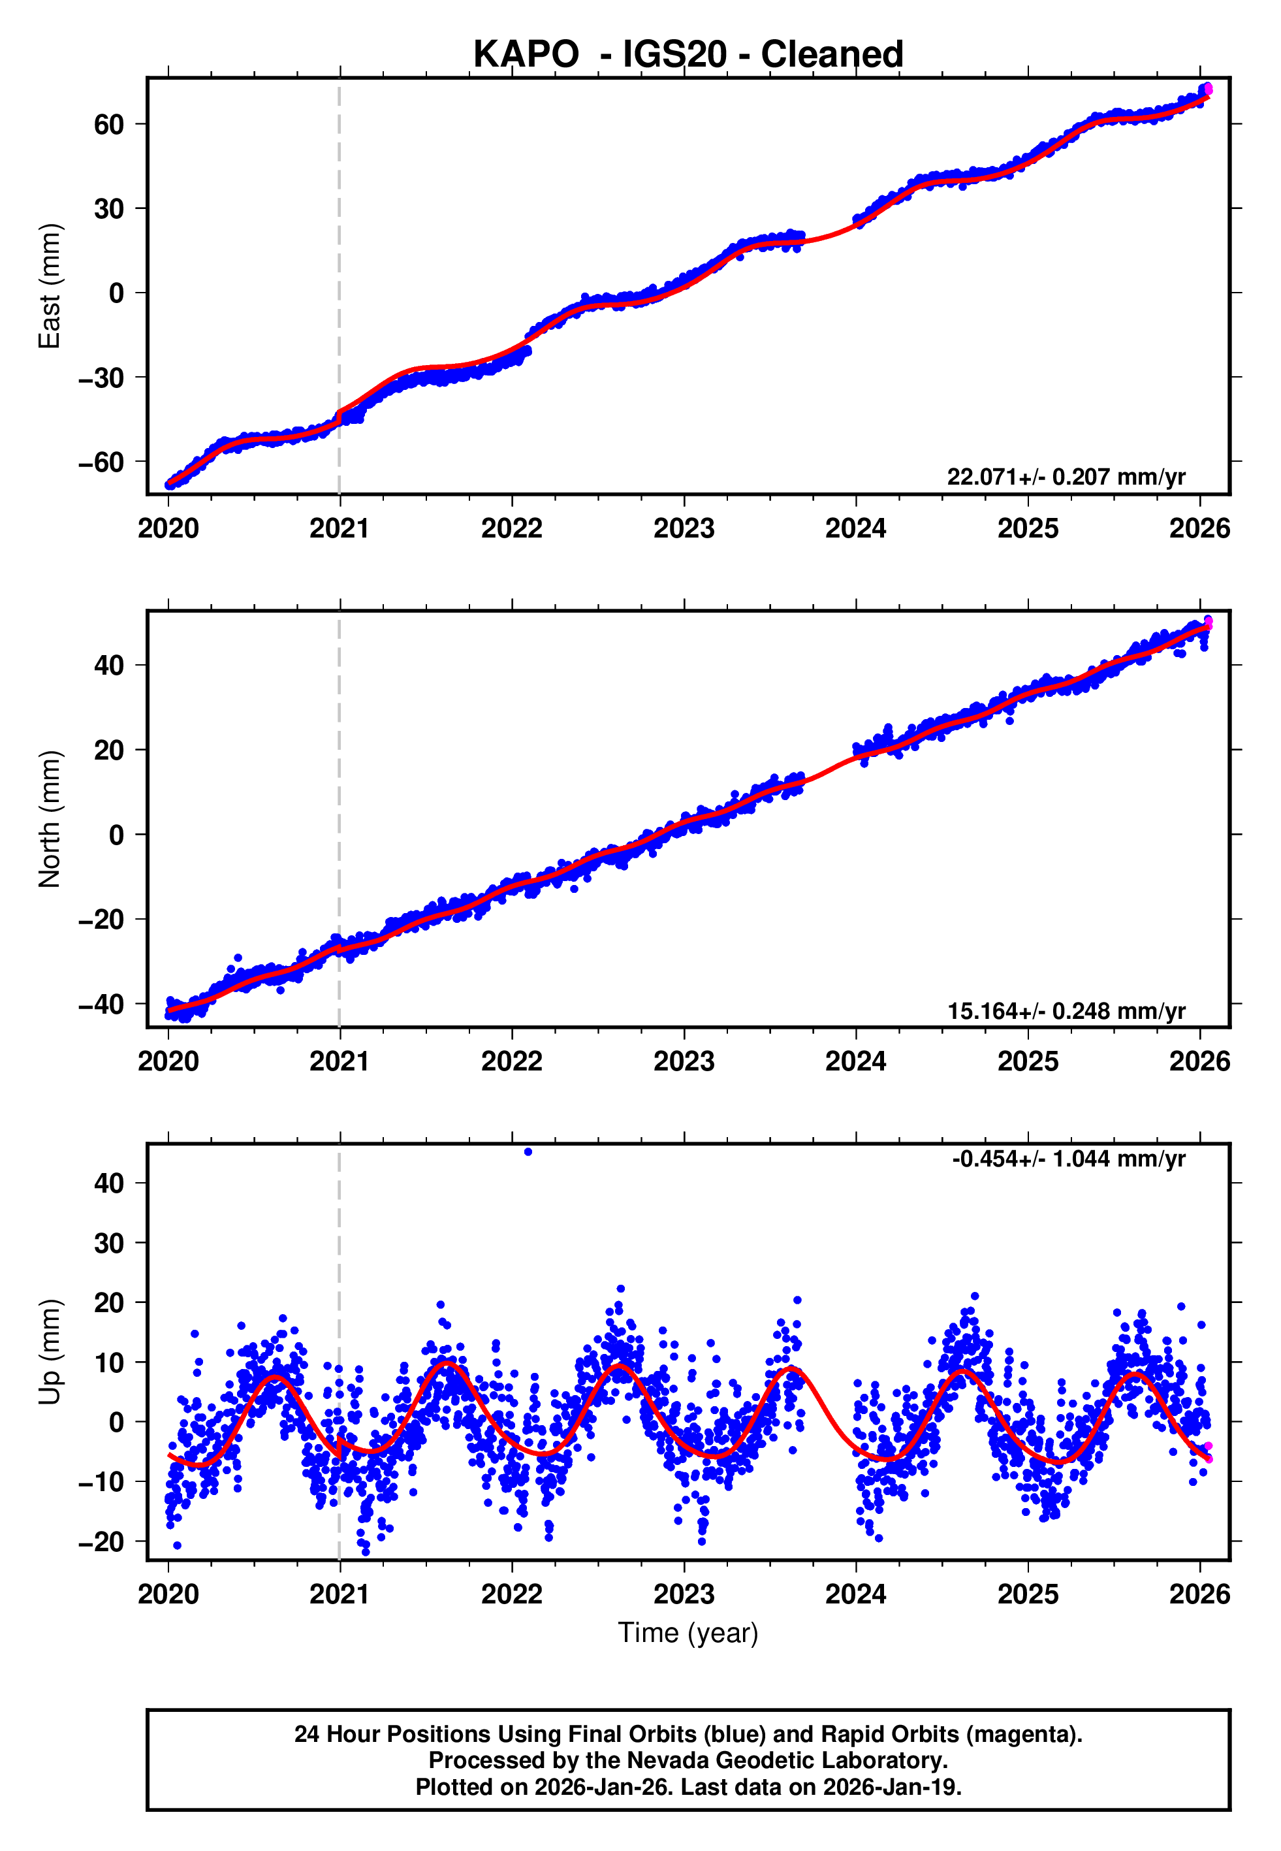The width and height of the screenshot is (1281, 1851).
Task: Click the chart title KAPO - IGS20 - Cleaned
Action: (x=688, y=55)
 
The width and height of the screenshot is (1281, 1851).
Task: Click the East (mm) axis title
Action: (x=50, y=287)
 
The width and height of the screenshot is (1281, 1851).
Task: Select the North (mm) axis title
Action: (x=50, y=819)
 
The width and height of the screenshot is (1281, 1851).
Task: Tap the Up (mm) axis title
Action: (x=50, y=1352)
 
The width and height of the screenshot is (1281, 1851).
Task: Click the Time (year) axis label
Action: (x=688, y=1633)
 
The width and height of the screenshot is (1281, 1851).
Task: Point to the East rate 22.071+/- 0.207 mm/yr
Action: (x=1066, y=477)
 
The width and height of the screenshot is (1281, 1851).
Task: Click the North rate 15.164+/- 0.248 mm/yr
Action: (x=1066, y=1010)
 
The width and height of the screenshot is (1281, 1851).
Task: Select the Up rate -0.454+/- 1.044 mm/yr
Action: (x=1068, y=1159)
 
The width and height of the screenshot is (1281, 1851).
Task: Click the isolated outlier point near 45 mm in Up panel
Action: (x=528, y=1152)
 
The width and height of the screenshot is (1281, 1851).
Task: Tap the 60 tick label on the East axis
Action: (x=109, y=124)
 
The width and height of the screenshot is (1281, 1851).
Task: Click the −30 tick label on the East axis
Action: (x=101, y=378)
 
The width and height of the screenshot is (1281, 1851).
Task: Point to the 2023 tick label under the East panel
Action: (x=684, y=528)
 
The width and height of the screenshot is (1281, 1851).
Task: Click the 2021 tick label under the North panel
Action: (x=340, y=1061)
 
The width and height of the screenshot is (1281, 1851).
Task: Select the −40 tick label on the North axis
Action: (x=101, y=1004)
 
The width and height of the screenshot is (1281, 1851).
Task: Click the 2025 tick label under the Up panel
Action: (x=1028, y=1594)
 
